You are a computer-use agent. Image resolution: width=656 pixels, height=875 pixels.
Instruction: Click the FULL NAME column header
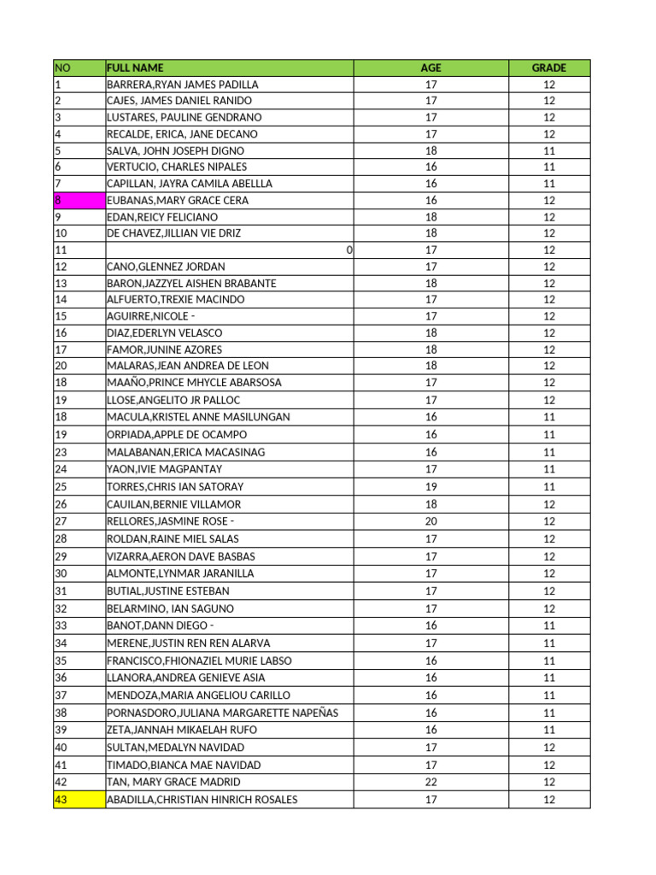click(135, 68)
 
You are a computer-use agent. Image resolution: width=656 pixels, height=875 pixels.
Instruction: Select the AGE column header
click(430, 68)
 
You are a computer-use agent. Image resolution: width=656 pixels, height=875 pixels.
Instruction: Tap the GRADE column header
click(549, 68)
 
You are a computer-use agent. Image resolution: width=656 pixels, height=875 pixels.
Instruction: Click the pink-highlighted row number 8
click(79, 200)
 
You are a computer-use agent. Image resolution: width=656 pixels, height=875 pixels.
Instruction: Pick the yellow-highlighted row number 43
click(79, 800)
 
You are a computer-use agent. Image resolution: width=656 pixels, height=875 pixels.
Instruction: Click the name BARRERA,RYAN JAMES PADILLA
click(182, 85)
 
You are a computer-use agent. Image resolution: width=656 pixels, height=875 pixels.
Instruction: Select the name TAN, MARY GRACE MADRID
click(173, 782)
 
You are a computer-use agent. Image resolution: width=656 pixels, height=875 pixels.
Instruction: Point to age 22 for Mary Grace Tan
click(430, 782)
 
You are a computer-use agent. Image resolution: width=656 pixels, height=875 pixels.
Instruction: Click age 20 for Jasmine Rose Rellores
click(430, 521)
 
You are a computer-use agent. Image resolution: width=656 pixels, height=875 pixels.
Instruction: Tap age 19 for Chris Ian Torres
click(430, 486)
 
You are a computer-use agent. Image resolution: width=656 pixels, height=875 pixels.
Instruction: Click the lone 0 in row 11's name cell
click(349, 250)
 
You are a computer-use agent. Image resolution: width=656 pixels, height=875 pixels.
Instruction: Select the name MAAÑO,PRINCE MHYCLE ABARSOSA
click(194, 383)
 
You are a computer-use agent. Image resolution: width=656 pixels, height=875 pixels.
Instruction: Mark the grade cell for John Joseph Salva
click(549, 150)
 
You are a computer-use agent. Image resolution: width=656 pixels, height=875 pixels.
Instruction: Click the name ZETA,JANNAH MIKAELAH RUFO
click(181, 730)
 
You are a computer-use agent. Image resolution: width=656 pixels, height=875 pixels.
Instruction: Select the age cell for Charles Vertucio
click(430, 167)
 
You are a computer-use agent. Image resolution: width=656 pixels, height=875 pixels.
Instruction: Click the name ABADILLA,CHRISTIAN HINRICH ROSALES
click(202, 800)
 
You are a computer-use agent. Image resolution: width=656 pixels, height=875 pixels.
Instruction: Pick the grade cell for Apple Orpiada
click(549, 435)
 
